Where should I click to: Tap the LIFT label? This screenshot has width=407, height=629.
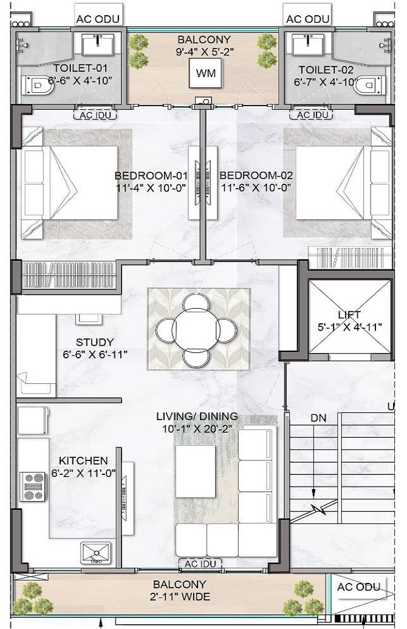coord(349,315)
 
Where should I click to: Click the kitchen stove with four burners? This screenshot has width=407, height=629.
coord(33,486)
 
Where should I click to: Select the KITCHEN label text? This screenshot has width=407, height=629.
coord(83,461)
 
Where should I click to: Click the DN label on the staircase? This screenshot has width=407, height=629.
coord(318,418)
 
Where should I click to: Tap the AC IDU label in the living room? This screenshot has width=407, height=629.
coord(200,564)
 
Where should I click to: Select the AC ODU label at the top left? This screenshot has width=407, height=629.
coord(98,19)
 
